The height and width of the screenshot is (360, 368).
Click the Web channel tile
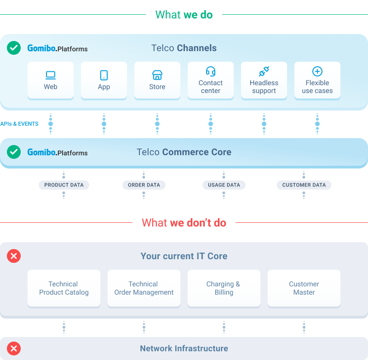click(51, 80)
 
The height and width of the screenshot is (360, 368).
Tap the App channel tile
click(104, 80)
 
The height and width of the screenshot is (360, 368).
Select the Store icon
click(157, 75)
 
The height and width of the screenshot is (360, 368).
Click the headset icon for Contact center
click(211, 71)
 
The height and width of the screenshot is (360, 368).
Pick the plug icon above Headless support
click(264, 71)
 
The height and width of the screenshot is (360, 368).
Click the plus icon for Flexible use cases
click(317, 71)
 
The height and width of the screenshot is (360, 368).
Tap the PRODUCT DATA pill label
click(63, 185)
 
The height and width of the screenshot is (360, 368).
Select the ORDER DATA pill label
click(144, 185)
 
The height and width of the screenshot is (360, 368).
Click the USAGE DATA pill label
click(224, 185)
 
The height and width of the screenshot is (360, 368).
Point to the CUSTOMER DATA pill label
click(304, 185)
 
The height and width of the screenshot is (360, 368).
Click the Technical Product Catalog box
click(64, 288)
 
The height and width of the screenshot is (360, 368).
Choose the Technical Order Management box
click(144, 288)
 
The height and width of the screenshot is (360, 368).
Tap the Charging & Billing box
click(224, 288)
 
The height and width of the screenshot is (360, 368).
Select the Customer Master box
click(304, 288)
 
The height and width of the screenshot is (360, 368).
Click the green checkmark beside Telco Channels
click(14, 48)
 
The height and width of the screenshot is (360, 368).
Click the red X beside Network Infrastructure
click(14, 348)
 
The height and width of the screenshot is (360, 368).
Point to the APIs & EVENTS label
click(19, 124)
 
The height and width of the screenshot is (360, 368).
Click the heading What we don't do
click(184, 223)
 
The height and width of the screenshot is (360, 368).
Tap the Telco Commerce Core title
click(184, 152)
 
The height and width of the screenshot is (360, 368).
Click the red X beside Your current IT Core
click(14, 256)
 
